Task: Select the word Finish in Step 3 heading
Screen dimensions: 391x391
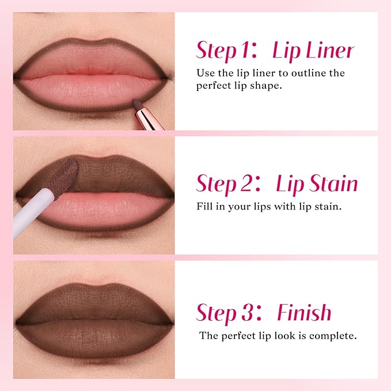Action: [x=304, y=313]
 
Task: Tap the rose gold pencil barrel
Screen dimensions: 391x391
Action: [x=150, y=117]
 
